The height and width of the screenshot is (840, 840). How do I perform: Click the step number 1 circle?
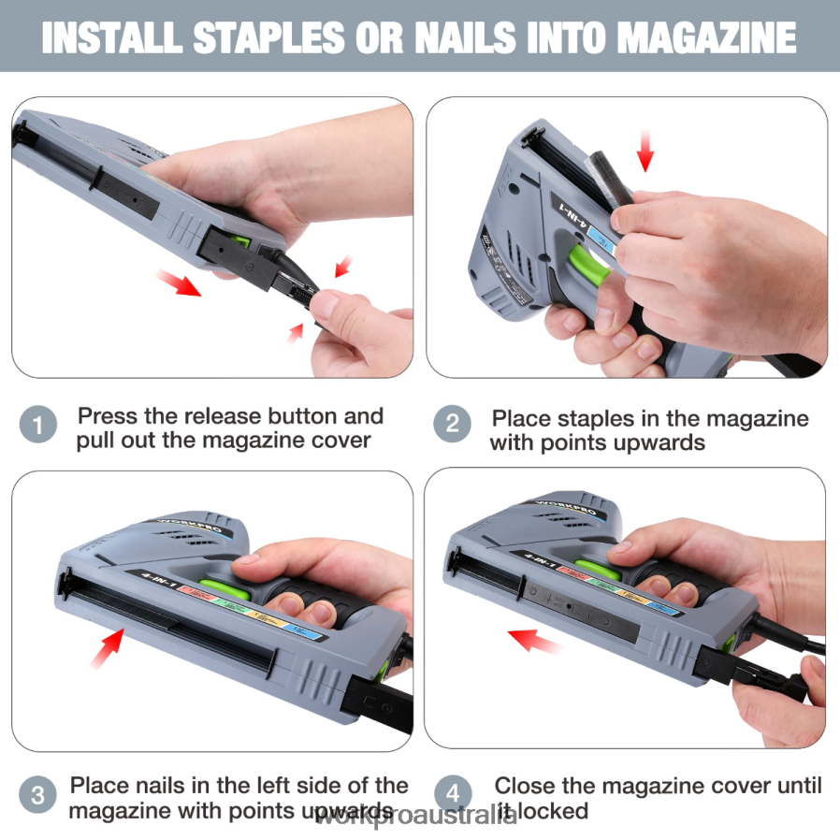point(37,427)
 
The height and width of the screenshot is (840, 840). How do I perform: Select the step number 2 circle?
point(452,426)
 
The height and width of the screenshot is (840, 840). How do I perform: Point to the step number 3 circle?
point(37,797)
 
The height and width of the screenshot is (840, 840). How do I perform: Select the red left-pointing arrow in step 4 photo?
point(534,641)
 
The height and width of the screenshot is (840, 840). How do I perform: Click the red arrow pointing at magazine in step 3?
point(108,648)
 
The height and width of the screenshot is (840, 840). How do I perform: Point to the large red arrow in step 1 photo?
point(179,282)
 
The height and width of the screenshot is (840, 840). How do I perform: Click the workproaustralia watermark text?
point(415,818)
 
